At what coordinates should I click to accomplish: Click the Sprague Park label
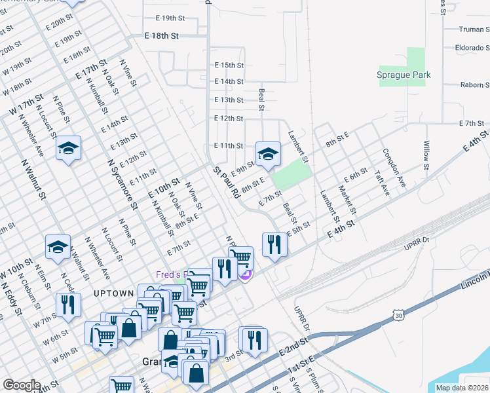point(404,75)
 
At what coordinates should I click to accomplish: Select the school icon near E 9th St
point(267,154)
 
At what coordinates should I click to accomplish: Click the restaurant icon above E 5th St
point(274,245)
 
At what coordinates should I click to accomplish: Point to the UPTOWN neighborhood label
point(113,293)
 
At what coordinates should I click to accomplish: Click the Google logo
point(22,385)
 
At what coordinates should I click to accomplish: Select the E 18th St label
point(161,37)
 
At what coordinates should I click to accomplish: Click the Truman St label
point(474,29)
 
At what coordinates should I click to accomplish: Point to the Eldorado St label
point(471,48)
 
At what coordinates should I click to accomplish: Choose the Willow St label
point(426,155)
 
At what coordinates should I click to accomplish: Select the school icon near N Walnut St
point(58,247)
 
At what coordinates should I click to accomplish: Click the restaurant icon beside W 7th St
point(68,305)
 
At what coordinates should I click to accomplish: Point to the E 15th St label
point(229,65)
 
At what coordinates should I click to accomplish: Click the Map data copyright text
point(462,388)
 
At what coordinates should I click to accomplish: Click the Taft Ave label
point(381,184)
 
